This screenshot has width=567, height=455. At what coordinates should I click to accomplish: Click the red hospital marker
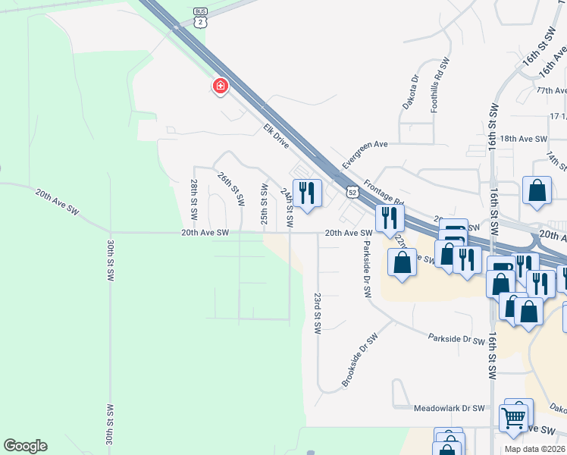pos(220,86)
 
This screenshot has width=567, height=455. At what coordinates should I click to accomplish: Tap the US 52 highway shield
pos(352,191)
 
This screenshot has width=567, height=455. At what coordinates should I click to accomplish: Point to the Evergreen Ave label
pos(365,155)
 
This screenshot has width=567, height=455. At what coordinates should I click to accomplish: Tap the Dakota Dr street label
pos(410,93)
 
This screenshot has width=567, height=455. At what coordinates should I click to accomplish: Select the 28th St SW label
pos(194,196)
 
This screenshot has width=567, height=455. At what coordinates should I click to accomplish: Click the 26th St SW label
pos(230,189)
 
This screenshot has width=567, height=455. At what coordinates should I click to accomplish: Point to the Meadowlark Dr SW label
pos(450,408)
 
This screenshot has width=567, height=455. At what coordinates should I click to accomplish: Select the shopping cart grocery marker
pos(514,416)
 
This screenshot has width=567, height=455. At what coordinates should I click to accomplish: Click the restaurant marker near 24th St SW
pos(306,193)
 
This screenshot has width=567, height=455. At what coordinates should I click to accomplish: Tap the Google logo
pos(25,446)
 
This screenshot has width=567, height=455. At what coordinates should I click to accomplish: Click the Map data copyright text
pos(535,449)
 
